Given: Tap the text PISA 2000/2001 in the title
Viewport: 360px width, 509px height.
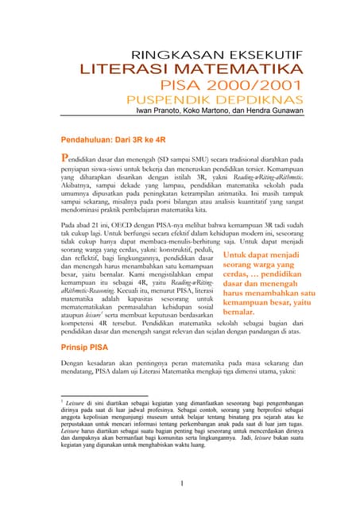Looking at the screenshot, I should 231,87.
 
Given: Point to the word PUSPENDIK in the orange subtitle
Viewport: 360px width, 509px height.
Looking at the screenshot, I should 171,101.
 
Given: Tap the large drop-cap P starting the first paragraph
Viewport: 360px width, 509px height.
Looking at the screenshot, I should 67,157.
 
